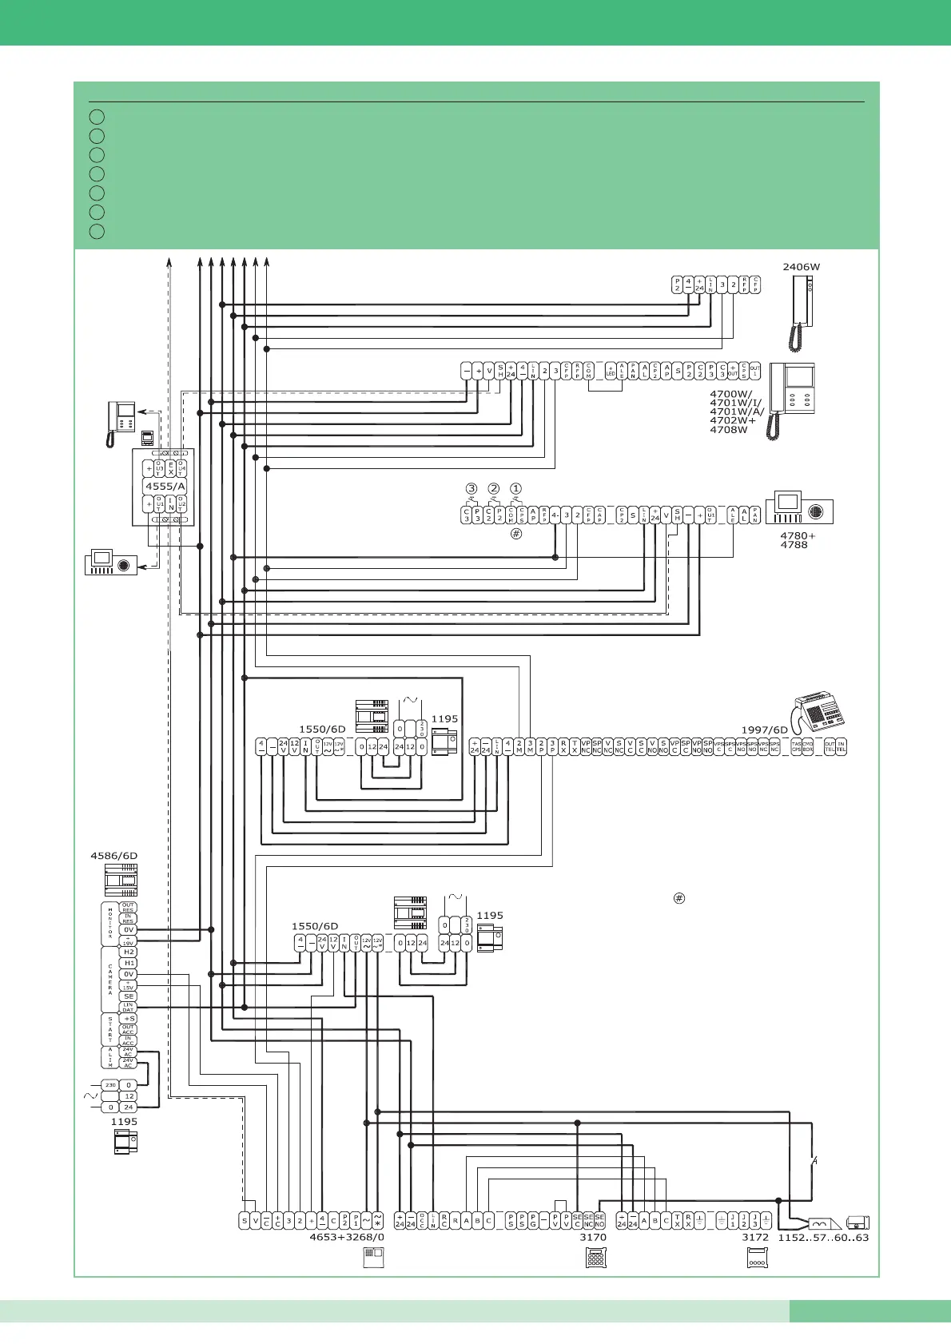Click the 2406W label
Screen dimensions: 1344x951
coord(801,267)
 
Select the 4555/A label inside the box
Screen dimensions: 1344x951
coord(165,486)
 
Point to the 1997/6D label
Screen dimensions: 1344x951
coord(765,730)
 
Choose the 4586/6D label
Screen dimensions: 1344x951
coord(113,856)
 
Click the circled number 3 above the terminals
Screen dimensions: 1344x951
coord(472,488)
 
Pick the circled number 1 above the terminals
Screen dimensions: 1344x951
coord(515,488)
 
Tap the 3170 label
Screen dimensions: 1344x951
coord(593,1237)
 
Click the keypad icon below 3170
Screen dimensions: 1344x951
coord(595,1258)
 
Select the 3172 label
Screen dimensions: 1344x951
coord(755,1237)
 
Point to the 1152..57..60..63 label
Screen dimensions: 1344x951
coord(823,1237)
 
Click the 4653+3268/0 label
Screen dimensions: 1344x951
coord(347,1237)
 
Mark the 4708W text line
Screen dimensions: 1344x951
coord(729,430)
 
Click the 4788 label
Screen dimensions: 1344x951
coord(794,545)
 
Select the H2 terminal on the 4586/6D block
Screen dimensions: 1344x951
coord(128,952)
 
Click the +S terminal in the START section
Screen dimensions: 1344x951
coord(128,1019)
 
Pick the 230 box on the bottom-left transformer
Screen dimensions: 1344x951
coord(109,1085)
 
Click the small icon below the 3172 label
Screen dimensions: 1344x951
coord(756,1259)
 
